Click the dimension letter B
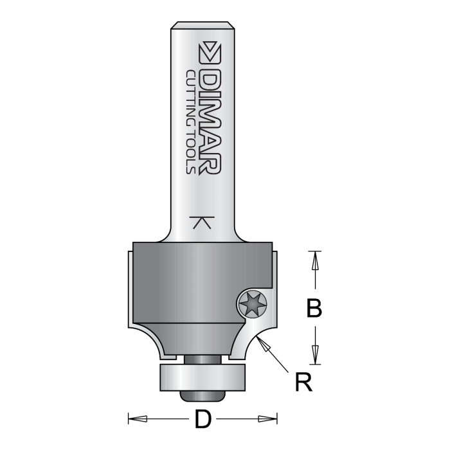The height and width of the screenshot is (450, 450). pyautogui.click(x=313, y=309)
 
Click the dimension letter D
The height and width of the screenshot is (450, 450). pyautogui.click(x=203, y=420)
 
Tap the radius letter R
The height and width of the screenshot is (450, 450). pyautogui.click(x=303, y=383)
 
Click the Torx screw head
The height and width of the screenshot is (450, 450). pyautogui.click(x=251, y=303)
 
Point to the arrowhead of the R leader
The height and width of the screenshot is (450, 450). pyautogui.click(x=262, y=342)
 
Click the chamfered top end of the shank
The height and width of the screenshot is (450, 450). pyautogui.click(x=203, y=27)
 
